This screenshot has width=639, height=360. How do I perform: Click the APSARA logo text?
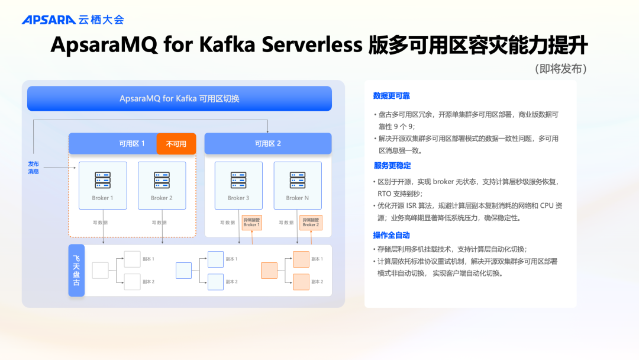pos(49,20)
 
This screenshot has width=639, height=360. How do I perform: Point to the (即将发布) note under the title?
pos(560,69)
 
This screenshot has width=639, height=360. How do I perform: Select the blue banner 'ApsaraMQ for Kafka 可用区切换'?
pos(179,98)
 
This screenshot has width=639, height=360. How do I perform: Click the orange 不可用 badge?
pos(176,144)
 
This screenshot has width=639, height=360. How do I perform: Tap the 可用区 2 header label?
pos(267,144)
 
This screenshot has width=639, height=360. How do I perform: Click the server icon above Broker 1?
pos(102,180)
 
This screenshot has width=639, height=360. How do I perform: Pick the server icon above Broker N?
pos(297,180)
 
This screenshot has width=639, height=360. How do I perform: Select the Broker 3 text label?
pos(238,198)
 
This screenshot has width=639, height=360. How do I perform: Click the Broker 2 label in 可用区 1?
pos(162,198)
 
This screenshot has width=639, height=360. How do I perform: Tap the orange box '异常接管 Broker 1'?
pos(251,222)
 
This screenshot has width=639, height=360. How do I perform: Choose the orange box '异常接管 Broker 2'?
pos(310,222)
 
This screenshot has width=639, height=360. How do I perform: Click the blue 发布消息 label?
pos(33,168)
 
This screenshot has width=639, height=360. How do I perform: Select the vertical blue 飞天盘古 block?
pos(76,271)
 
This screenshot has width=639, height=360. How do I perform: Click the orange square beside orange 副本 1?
pos(301,259)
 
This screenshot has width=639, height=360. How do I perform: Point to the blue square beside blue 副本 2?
pos(215,282)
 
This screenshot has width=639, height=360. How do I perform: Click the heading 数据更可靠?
pos(391,96)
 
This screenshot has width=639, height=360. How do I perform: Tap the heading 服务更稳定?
pos(392,166)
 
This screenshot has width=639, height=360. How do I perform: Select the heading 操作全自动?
pos(391,236)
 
